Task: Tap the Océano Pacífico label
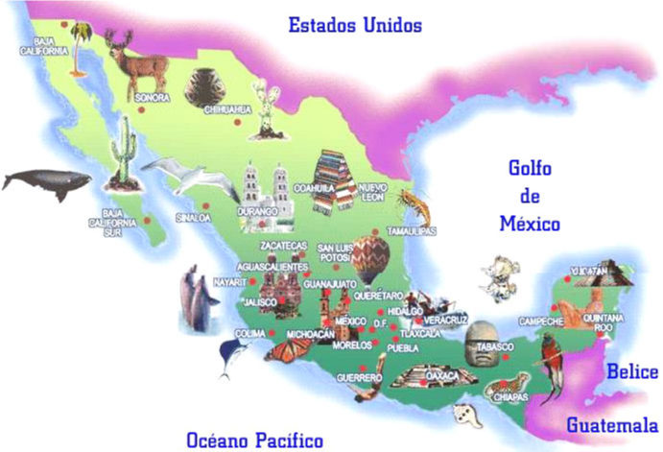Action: tap(254, 440)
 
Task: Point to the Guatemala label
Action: tap(611, 424)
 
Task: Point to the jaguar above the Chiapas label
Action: tap(507, 386)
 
